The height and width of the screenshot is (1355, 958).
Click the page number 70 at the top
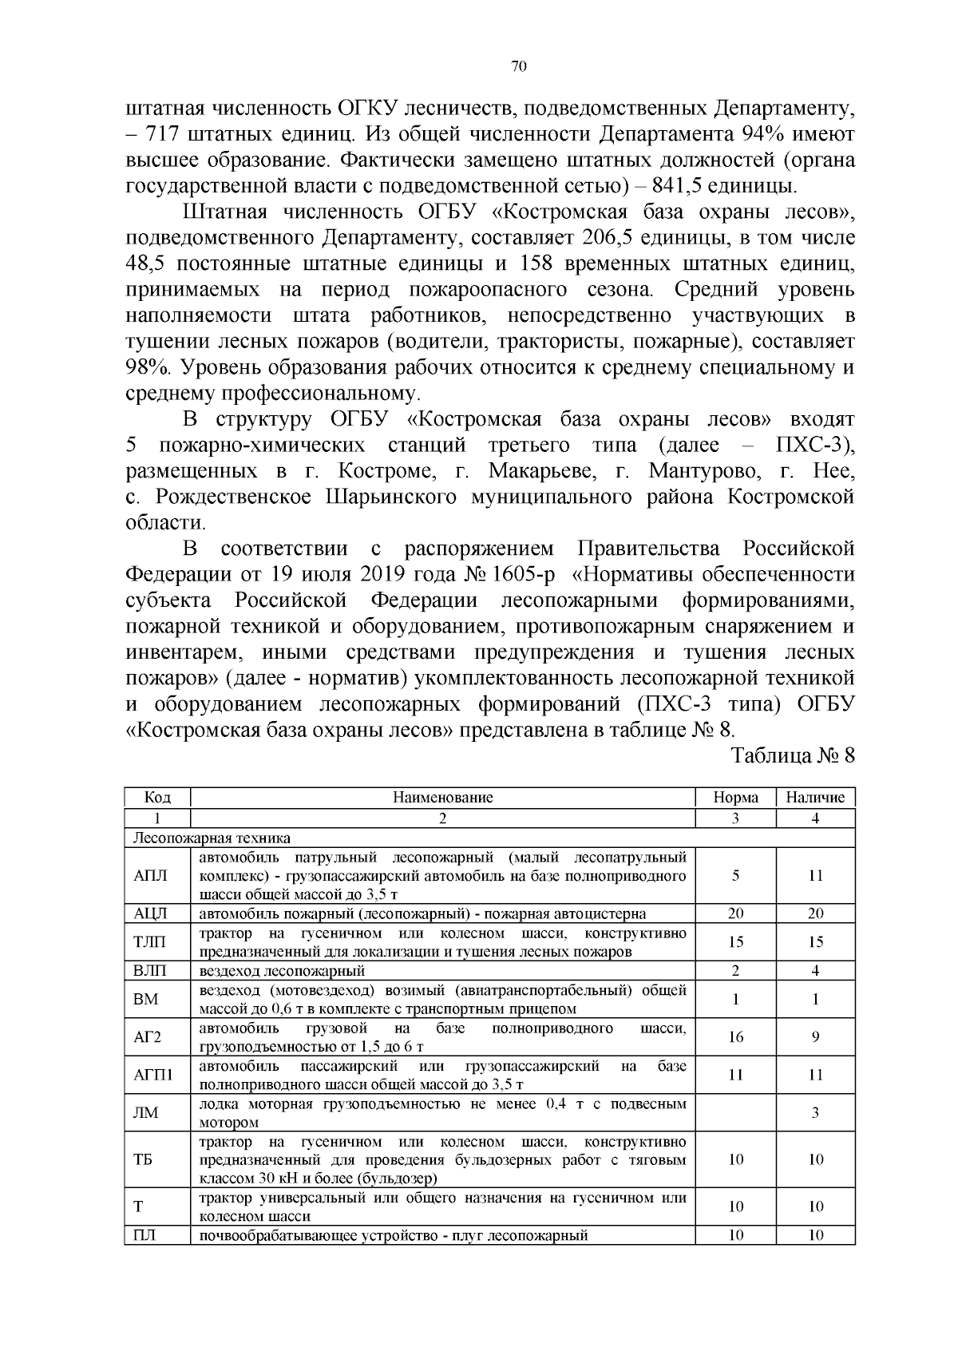pos(518,67)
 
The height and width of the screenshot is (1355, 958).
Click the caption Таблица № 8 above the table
pos(793,755)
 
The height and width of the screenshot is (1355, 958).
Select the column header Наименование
pos(442,797)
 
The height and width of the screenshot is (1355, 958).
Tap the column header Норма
pos(735,797)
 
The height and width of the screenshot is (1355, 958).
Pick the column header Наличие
pos(815,797)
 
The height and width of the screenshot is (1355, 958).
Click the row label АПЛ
pos(150,875)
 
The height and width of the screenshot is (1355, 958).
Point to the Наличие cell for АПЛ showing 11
pos(815,875)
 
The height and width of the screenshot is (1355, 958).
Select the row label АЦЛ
pos(150,913)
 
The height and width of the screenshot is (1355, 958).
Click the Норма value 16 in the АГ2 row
pos(735,1037)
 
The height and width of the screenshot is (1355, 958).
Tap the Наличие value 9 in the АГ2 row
pos(815,1037)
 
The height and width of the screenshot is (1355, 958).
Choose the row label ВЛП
pos(150,971)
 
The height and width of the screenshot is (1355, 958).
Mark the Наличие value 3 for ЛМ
pos(815,1112)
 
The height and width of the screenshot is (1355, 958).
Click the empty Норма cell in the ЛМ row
pos(735,1112)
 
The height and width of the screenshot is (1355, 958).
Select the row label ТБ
pos(143,1159)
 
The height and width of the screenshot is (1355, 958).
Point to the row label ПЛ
pos(144,1235)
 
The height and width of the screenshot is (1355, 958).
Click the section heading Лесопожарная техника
pos(212,838)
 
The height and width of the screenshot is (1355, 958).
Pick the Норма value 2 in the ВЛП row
pos(735,971)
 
